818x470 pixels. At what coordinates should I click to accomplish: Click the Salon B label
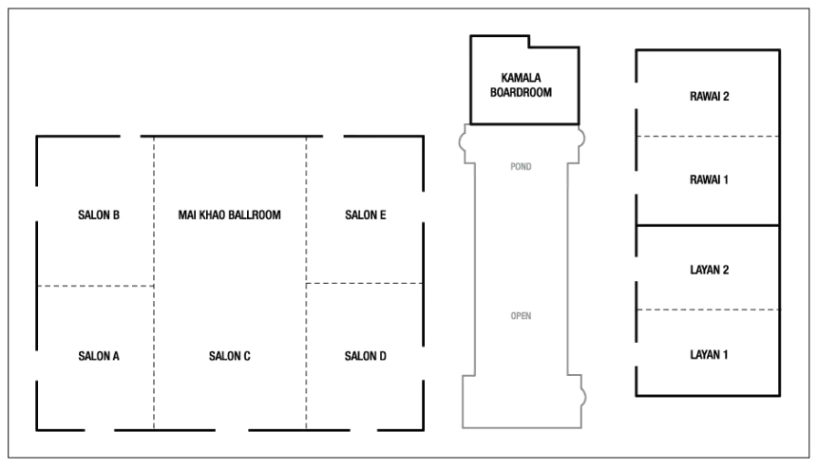point(99,215)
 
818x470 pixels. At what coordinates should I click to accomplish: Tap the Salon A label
point(99,356)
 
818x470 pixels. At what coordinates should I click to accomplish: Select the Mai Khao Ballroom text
point(230,215)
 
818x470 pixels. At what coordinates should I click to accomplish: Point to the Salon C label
point(230,356)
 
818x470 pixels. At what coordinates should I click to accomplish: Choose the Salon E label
point(365,215)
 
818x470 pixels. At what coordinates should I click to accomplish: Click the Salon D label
point(365,356)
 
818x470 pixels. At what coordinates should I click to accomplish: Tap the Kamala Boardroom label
point(521,85)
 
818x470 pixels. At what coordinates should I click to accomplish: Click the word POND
point(521,166)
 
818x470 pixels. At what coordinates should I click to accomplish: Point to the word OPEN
point(521,315)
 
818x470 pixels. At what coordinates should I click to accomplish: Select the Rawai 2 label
point(709,97)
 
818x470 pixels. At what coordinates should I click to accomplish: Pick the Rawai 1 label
point(709,180)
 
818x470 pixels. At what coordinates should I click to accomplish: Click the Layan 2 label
point(709,270)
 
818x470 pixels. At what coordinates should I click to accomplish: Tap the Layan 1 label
point(709,355)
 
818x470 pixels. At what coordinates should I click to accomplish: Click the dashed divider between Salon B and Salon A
point(95,286)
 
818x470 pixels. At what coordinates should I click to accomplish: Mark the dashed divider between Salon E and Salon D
point(364,283)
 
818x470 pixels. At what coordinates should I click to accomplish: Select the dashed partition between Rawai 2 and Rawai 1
point(708,136)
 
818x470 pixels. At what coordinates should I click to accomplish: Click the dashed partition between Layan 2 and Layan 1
point(708,310)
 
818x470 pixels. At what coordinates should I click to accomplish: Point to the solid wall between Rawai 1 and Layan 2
point(708,225)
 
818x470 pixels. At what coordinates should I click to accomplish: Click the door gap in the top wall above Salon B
point(130,137)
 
